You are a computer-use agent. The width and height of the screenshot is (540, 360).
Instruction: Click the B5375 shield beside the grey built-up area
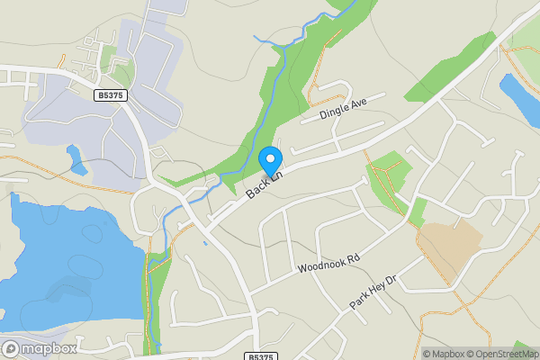pos(109,94)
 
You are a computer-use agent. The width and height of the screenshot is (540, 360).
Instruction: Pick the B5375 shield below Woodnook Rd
pos(259,357)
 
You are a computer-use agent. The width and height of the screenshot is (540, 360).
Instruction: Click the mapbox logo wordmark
pos(49,348)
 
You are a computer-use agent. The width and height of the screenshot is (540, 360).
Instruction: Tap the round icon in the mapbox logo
pos(11,348)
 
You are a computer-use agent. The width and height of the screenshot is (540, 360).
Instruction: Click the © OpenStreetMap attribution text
pos(501,354)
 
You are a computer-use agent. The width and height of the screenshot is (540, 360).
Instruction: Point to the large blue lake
pos(63,261)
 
